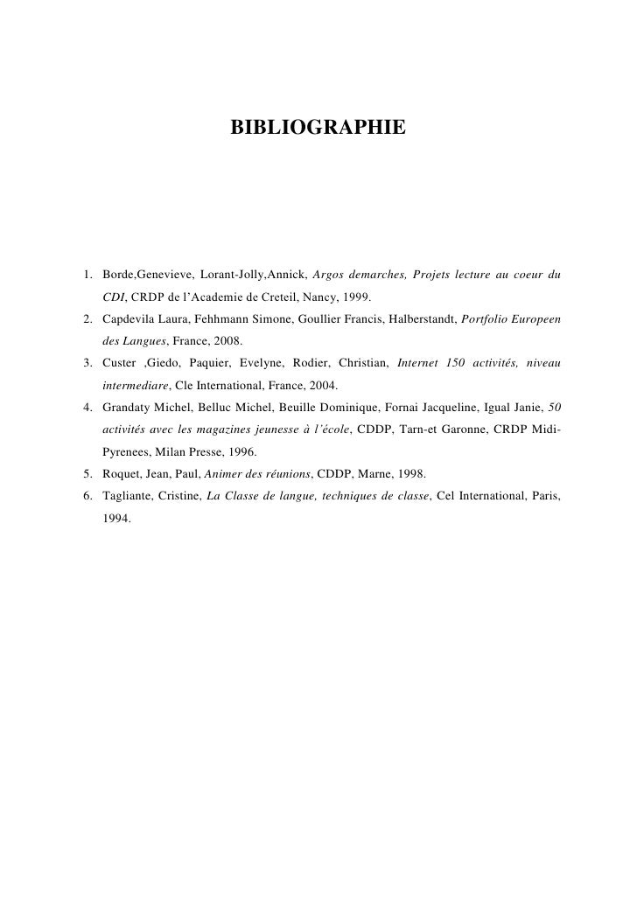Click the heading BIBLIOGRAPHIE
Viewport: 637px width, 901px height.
[x=318, y=129]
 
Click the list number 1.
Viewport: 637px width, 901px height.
[x=87, y=276]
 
